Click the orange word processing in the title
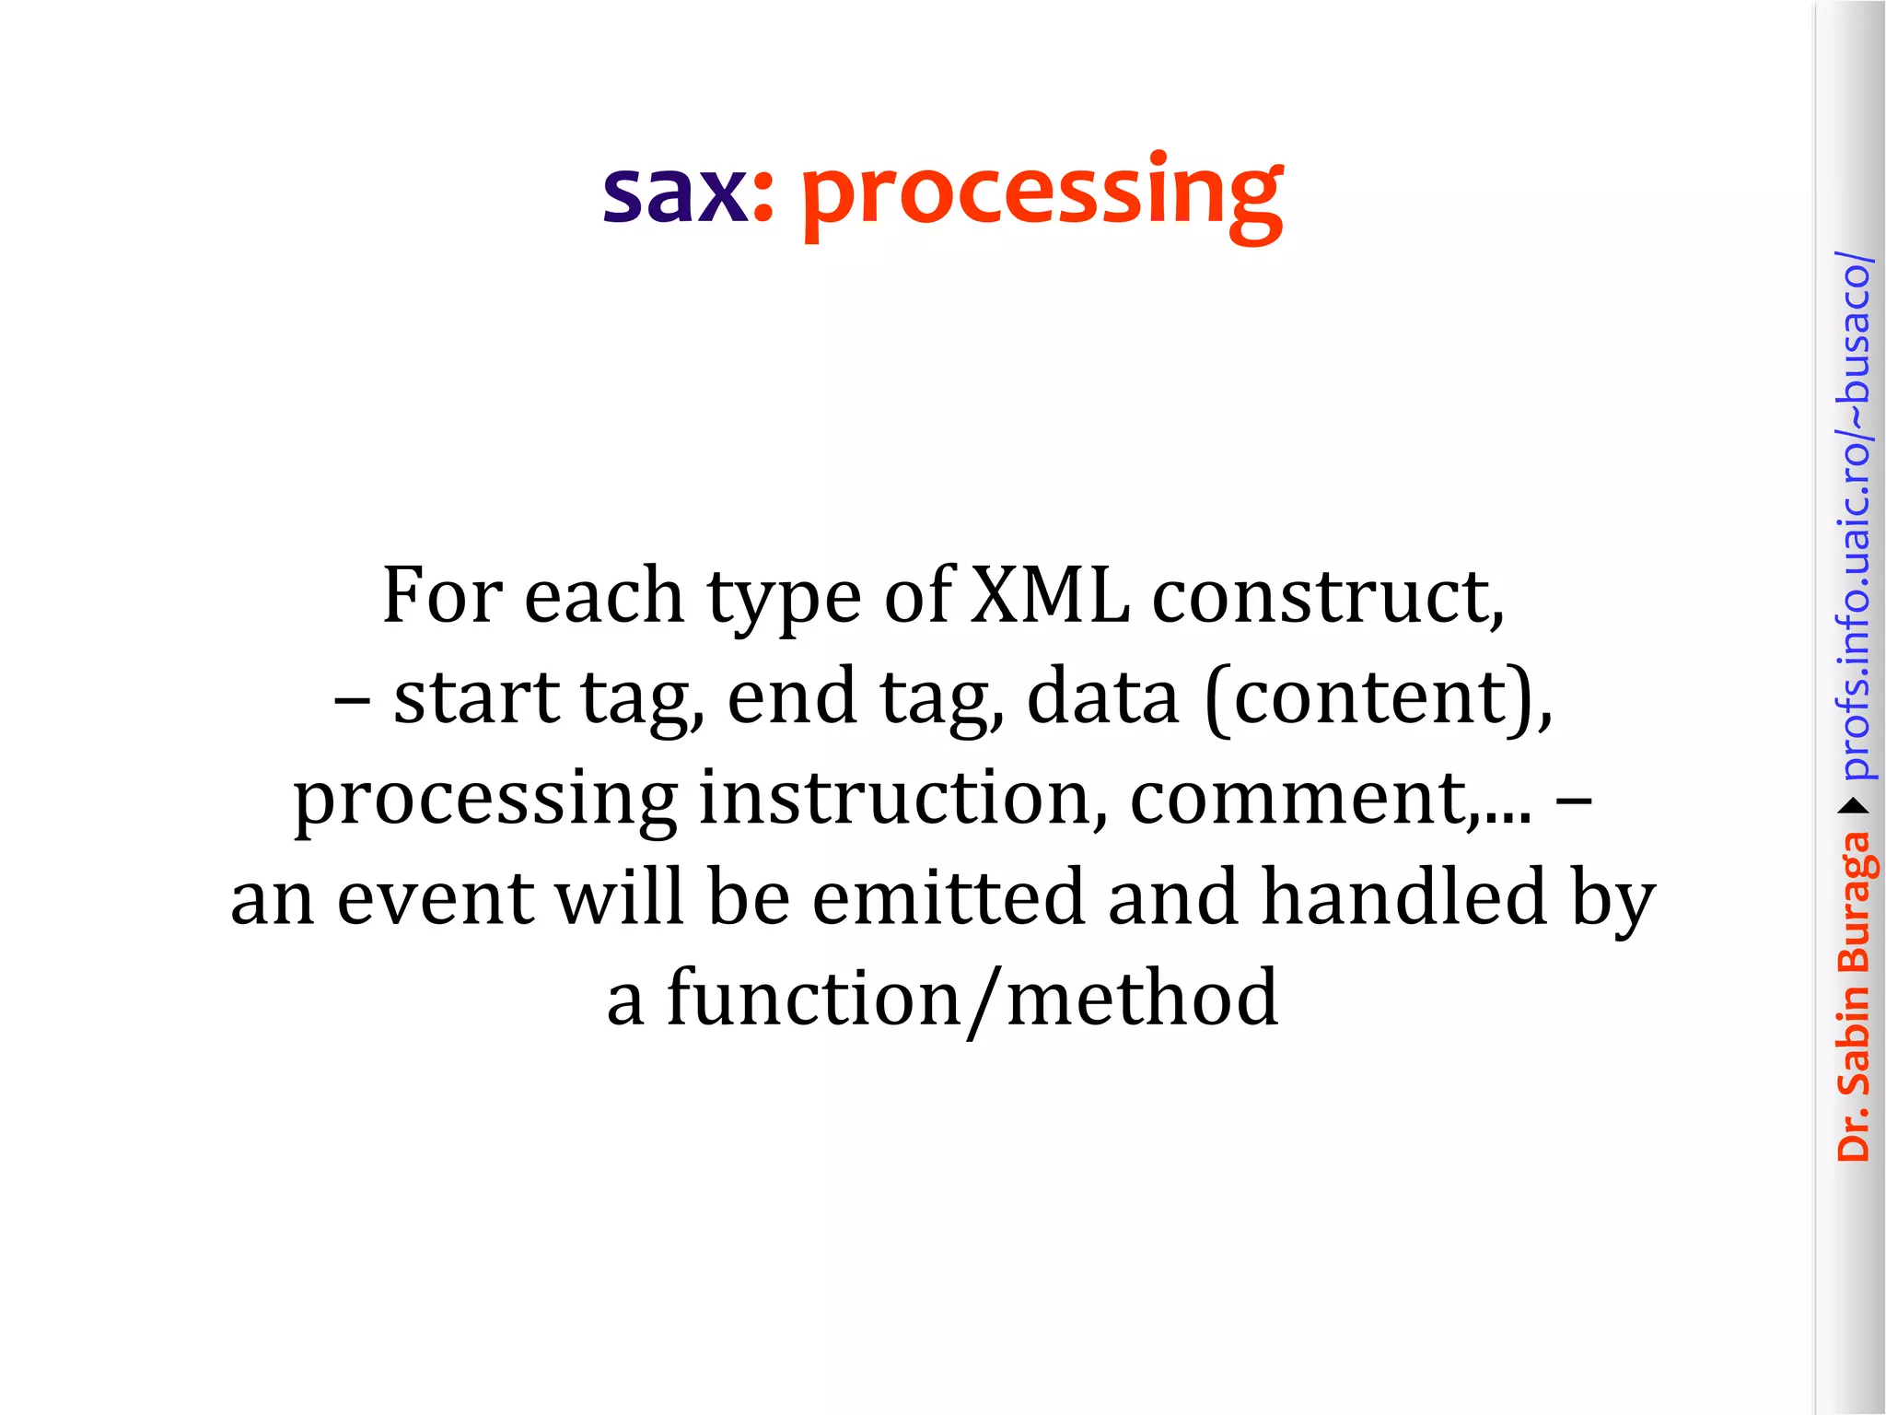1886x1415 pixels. [1042, 195]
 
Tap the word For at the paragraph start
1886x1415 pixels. [442, 596]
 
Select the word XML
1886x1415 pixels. [1050, 596]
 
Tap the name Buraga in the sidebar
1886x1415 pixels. [1853, 902]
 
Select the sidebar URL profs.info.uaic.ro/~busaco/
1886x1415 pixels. [1853, 516]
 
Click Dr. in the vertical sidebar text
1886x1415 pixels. [1853, 1132]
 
